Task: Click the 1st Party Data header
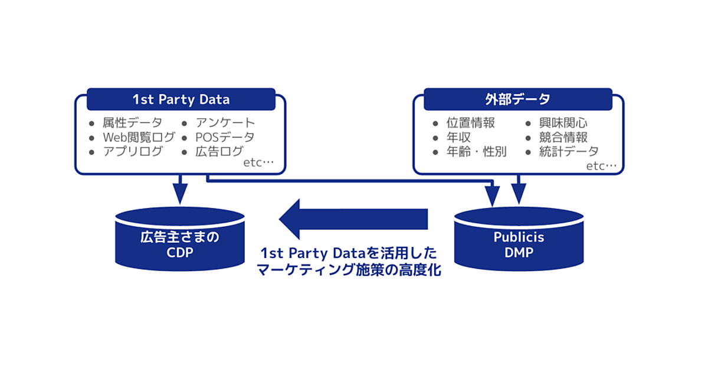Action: coord(181,99)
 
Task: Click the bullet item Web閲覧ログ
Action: coord(139,138)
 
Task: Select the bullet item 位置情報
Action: coord(471,123)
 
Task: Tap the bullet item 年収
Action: coord(458,138)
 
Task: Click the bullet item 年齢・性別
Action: coord(477,152)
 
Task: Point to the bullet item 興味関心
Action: coord(563,123)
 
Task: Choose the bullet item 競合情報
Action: coord(563,138)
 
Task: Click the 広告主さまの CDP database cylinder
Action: coord(180,239)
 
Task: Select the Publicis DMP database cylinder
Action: coord(519,239)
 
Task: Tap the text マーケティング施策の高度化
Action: coord(349,270)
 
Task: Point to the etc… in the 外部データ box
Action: coord(601,166)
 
